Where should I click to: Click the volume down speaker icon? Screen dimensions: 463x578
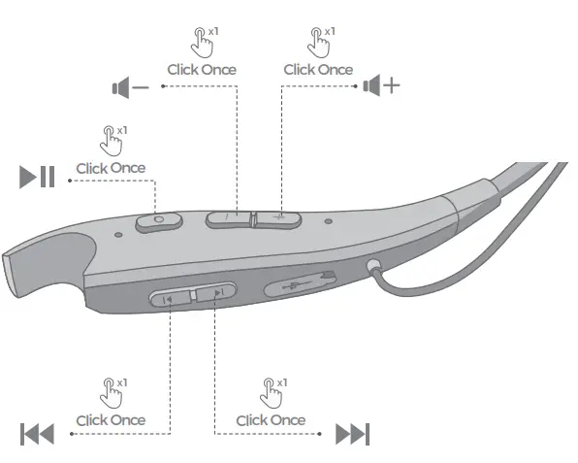click(x=130, y=88)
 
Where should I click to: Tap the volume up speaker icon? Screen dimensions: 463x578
click(x=380, y=86)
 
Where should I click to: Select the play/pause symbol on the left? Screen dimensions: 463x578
click(x=38, y=178)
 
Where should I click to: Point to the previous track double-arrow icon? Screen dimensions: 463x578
click(x=37, y=434)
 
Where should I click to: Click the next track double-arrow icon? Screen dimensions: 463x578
click(x=352, y=434)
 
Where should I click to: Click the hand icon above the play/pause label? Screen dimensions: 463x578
click(x=111, y=141)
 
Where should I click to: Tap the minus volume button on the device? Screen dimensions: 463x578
click(x=228, y=217)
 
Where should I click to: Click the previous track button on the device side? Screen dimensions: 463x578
click(x=170, y=298)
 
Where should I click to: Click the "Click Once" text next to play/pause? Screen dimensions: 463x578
click(x=111, y=168)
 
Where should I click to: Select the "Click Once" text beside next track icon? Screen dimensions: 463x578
click(x=271, y=420)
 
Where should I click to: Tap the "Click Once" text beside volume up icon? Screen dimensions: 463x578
click(x=318, y=70)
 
